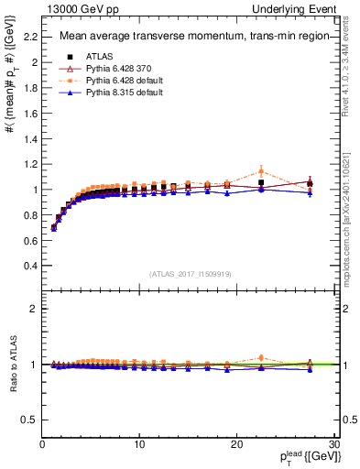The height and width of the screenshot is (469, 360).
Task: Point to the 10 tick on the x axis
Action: pos(138,444)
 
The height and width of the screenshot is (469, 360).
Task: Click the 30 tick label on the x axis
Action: pos(333,444)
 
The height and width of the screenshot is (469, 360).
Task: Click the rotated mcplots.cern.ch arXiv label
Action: pos(352,220)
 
